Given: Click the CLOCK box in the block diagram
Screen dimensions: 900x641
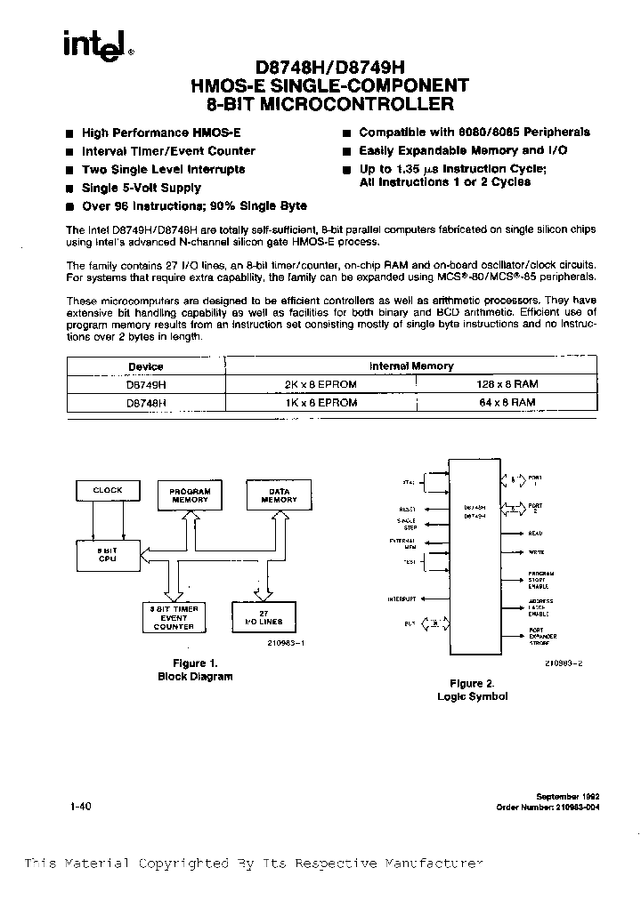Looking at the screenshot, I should point(108,491).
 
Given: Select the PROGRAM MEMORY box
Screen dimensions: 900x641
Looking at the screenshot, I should point(191,496).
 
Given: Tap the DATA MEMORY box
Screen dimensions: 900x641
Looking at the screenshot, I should point(279,496).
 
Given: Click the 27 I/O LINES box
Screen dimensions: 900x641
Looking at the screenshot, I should point(263,617).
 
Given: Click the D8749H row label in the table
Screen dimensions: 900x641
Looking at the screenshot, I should point(145,384).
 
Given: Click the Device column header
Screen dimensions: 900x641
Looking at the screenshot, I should point(145,366).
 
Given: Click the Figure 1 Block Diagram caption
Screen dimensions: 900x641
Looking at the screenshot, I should point(194,670).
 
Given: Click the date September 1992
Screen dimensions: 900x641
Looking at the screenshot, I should point(565,796).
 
